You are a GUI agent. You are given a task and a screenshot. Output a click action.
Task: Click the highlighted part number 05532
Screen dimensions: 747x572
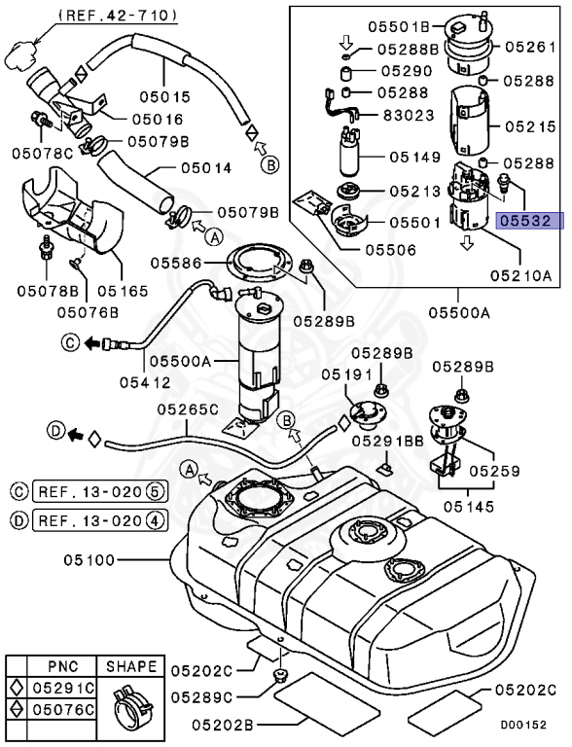pos(528,222)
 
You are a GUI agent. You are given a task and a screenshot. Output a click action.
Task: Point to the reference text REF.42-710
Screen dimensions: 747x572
pos(118,15)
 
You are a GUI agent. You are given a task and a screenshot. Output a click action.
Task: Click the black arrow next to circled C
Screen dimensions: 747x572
pos(92,342)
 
